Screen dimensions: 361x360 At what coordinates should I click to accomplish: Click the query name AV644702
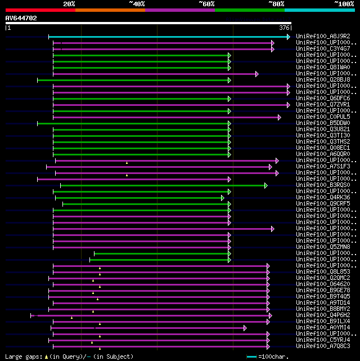click(21, 18)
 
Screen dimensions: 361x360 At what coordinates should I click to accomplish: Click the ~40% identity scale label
click(137, 4)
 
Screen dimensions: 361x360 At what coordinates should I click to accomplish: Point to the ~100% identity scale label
click(344, 4)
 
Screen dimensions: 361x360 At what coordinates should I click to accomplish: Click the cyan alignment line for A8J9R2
click(169, 37)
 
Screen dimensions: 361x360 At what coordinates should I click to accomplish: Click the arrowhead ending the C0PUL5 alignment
click(279, 117)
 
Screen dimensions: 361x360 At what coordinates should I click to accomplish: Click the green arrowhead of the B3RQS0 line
click(266, 185)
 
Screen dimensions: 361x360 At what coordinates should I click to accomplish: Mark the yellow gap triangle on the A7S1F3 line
click(127, 163)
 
